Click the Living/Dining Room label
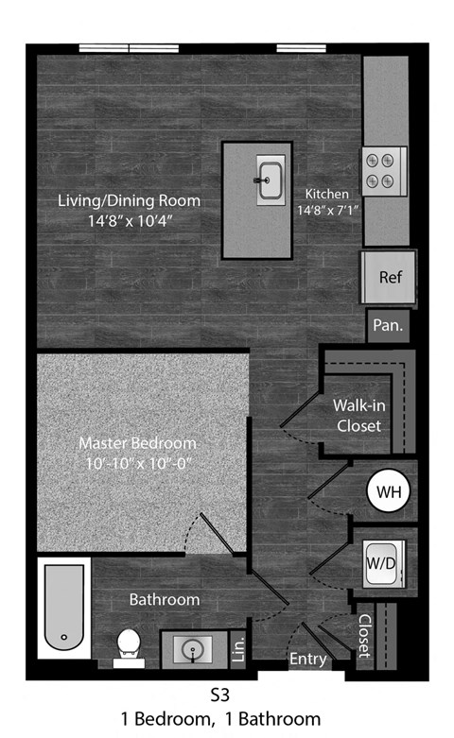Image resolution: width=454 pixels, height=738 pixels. click(130, 201)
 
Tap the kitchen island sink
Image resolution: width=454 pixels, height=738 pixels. click(271, 180)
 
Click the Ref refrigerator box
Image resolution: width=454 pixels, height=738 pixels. click(390, 278)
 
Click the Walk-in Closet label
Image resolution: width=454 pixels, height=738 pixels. click(358, 415)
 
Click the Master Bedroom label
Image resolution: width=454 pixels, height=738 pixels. click(137, 442)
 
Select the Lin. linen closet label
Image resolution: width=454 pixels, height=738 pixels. click(239, 647)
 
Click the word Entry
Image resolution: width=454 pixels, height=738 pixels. click(307, 659)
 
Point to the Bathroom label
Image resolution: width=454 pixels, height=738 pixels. click(165, 599)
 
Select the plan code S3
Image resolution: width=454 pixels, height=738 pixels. click(219, 695)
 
